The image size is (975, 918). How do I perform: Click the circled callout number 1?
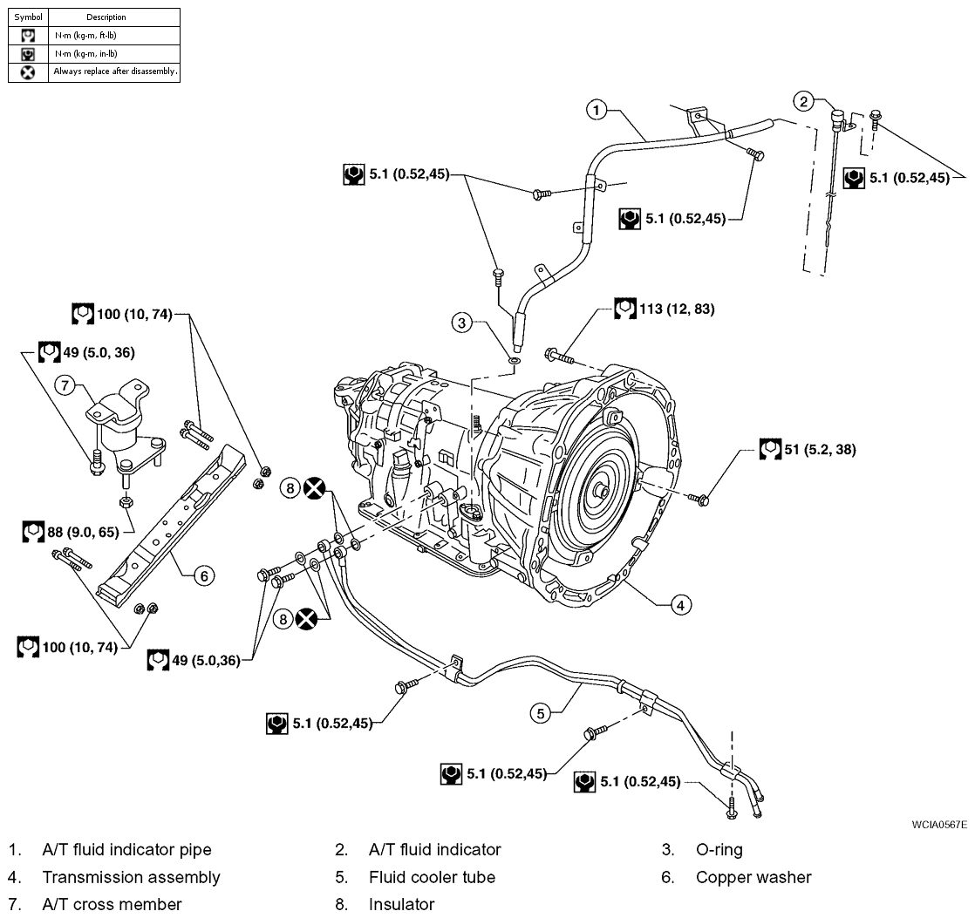coord(597,111)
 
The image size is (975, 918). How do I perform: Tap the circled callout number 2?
coord(804,101)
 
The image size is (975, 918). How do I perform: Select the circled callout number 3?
coord(461,323)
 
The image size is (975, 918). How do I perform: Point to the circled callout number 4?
coord(680,605)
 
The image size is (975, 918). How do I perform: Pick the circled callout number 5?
coord(541,713)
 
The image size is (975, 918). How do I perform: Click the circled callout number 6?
coord(204,576)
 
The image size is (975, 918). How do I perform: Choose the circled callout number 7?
coord(65,385)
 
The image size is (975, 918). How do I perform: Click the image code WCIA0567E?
coord(939,825)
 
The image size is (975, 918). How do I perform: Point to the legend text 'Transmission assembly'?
coord(131,877)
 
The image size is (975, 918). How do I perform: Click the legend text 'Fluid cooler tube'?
coord(433,877)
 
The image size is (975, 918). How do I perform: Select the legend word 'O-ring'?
coord(719,850)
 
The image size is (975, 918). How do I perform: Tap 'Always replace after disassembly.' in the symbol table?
coord(116,71)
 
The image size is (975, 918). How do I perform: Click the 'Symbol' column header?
coord(28,17)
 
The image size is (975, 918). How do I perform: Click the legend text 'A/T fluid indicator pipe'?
coord(126,850)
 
